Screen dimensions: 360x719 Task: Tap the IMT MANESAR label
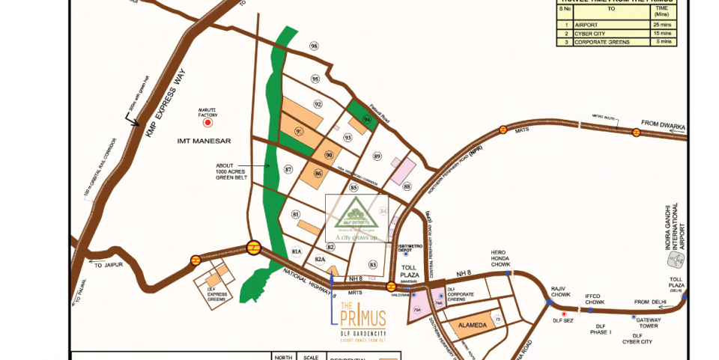point(204,141)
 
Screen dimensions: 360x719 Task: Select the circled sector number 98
point(314,46)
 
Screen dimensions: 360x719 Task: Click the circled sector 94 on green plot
point(367,119)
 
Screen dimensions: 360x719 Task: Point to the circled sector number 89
point(377,156)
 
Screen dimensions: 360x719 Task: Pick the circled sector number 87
point(288,170)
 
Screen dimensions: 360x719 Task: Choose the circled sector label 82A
point(320,258)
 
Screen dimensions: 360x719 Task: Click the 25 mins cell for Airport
point(664,24)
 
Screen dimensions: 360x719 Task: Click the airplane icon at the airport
point(677,259)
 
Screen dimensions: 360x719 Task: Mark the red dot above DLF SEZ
point(563,314)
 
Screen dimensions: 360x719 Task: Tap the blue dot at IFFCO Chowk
point(591,310)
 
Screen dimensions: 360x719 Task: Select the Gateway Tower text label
point(649,323)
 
